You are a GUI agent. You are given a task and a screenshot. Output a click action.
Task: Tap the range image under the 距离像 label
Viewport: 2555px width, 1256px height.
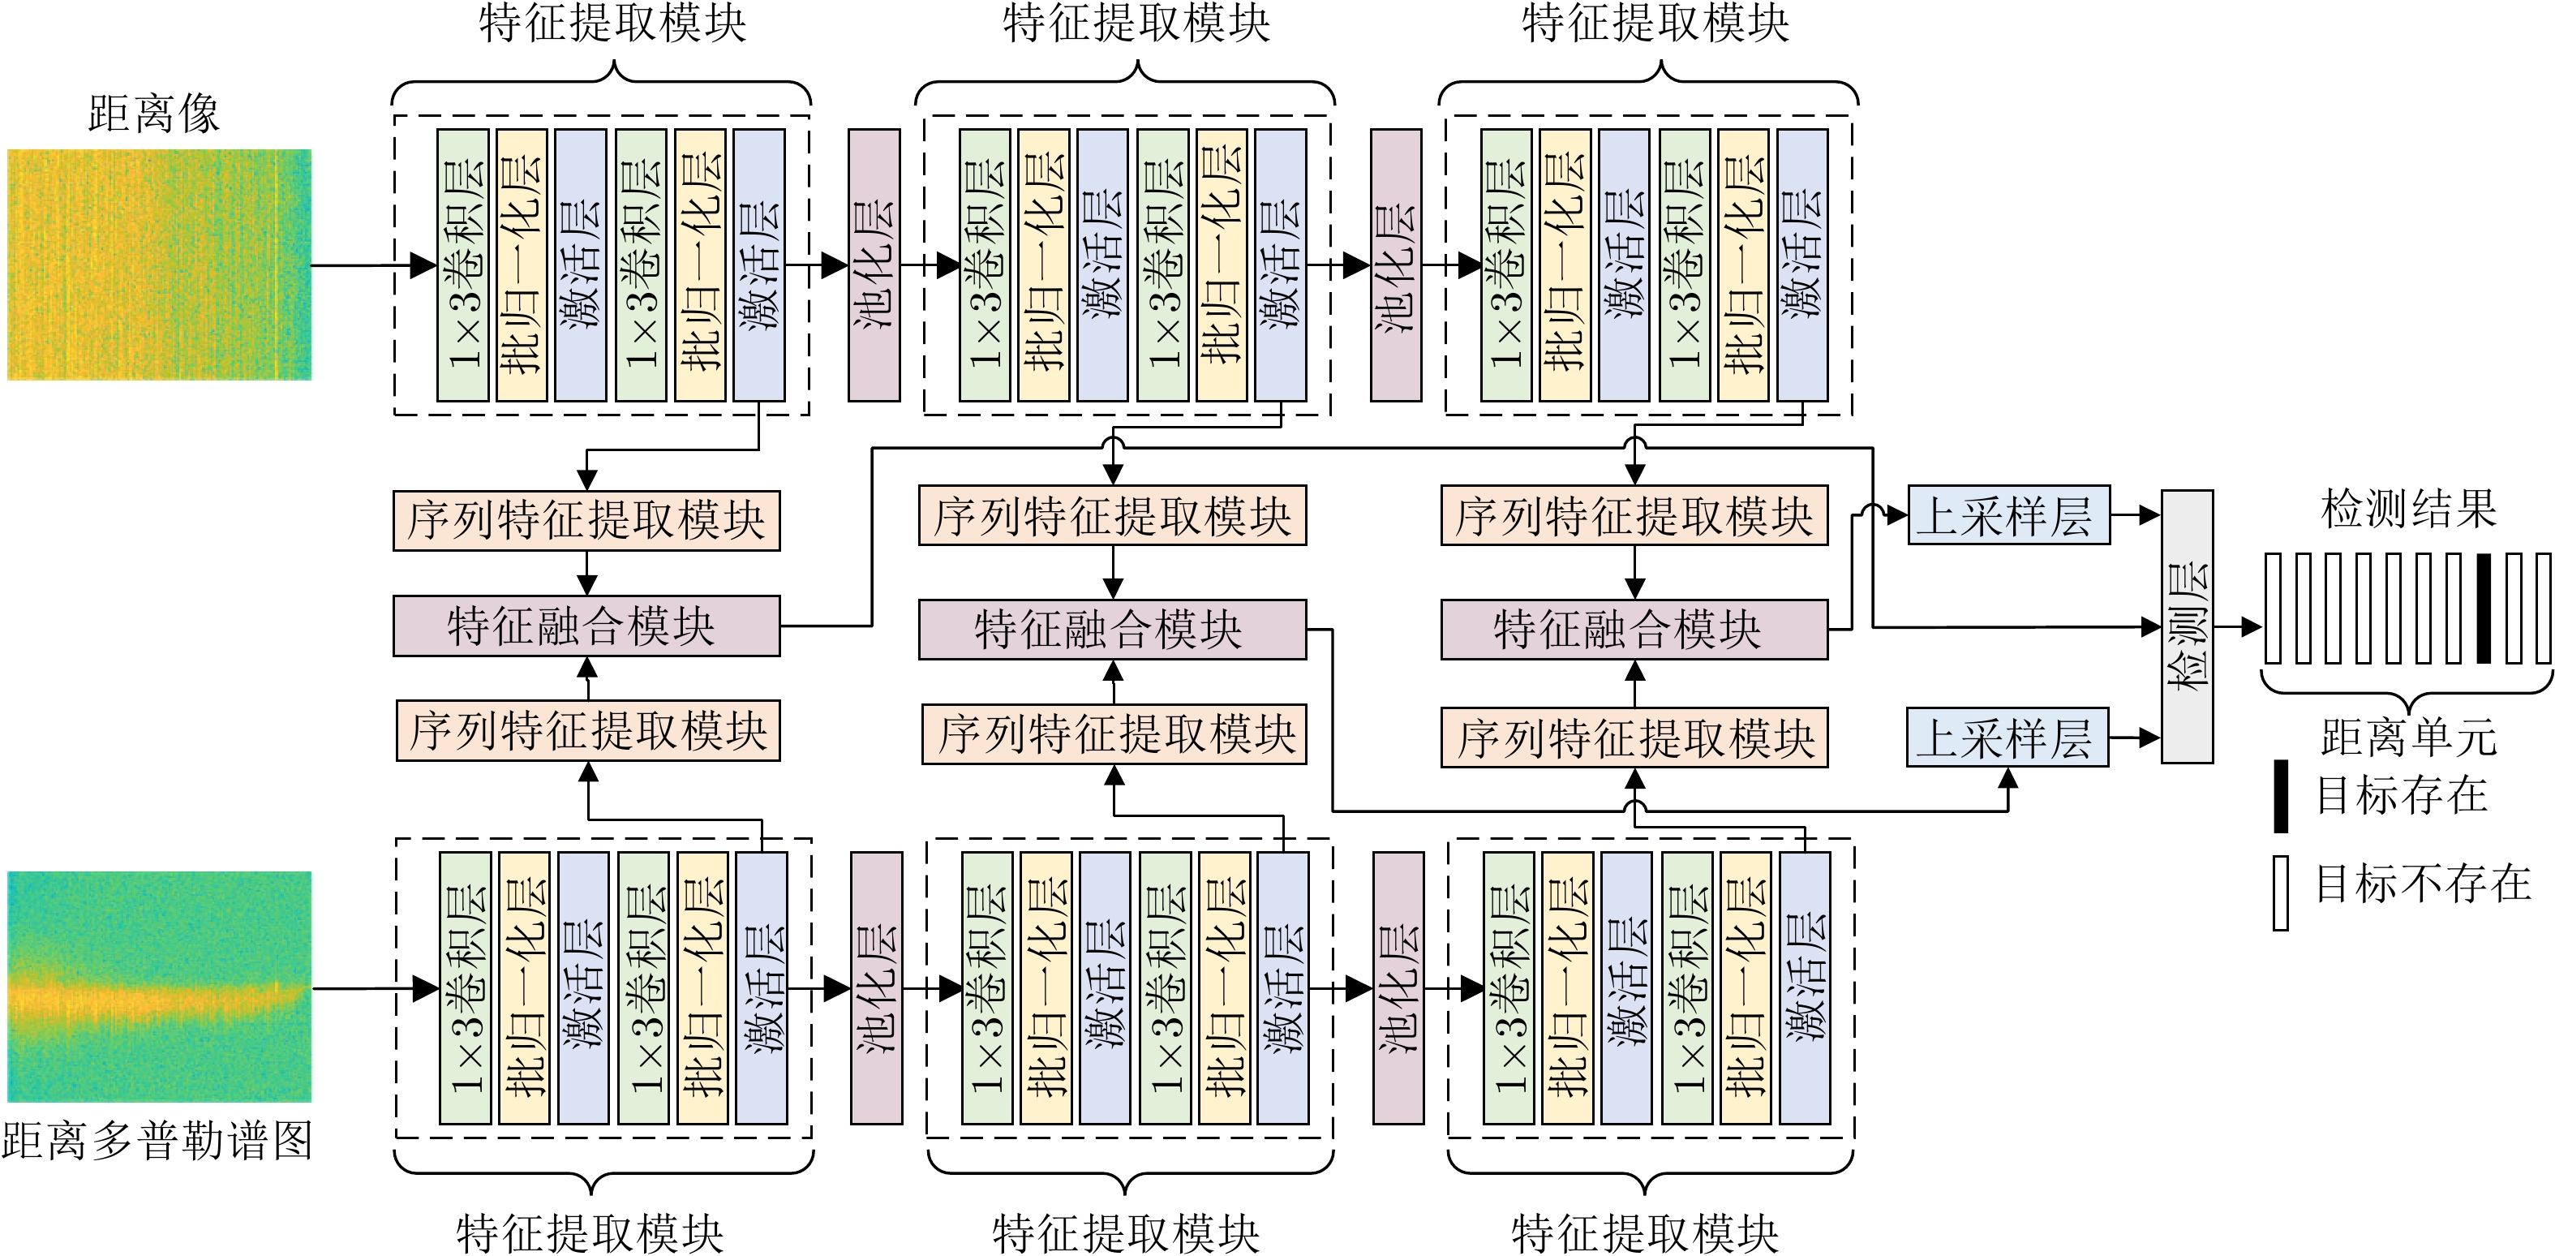pos(159,264)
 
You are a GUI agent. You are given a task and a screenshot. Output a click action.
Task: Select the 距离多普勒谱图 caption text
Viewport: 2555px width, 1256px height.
pos(157,1141)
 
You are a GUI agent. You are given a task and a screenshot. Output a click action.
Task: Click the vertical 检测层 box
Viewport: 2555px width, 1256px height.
pos(2187,626)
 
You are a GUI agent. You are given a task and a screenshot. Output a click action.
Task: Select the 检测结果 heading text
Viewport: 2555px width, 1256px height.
pos(2408,509)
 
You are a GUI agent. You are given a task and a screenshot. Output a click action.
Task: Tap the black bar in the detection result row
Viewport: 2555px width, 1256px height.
pos(2483,609)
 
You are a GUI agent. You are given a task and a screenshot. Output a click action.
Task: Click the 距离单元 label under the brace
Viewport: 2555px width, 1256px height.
pos(2408,736)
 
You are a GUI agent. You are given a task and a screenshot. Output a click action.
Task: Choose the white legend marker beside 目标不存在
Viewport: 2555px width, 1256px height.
pos(2280,893)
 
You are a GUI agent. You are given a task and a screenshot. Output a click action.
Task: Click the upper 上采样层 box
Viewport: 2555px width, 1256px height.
pos(2008,515)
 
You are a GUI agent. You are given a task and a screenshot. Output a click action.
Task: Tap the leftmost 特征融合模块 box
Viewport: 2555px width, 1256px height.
pos(586,626)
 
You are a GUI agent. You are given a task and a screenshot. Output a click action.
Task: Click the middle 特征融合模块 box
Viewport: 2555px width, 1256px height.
pos(1112,629)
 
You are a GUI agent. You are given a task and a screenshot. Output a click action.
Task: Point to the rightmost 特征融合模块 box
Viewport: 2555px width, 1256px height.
pos(1634,629)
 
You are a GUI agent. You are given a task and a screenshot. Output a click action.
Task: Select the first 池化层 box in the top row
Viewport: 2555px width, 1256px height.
pos(874,265)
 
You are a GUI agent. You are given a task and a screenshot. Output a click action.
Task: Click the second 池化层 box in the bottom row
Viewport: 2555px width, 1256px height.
pos(1398,987)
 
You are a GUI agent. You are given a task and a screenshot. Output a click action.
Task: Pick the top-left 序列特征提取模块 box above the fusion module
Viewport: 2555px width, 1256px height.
pos(586,521)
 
